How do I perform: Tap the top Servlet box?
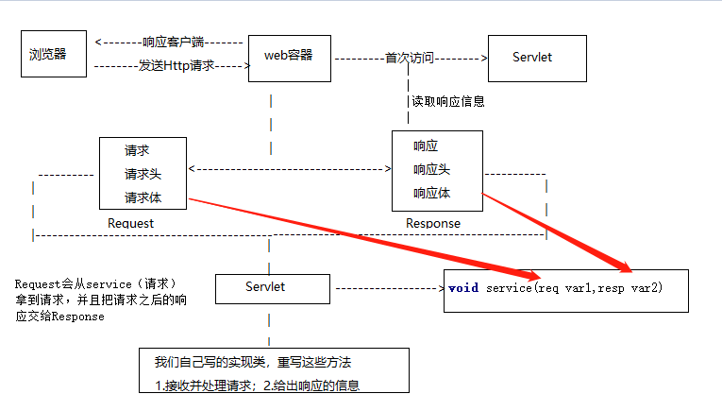coord(533,58)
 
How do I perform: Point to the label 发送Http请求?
coord(177,66)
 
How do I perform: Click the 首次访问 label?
coord(409,58)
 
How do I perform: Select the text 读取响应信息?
coord(448,101)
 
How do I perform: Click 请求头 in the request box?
coord(143,174)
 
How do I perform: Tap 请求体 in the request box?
coord(143,197)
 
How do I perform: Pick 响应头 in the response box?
coord(431,169)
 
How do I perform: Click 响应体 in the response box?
coord(431,193)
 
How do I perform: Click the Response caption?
coord(433,224)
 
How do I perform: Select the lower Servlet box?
coord(273,286)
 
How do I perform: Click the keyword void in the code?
coord(463,287)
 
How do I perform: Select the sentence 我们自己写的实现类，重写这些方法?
coord(253,362)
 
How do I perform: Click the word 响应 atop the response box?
coord(426,146)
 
